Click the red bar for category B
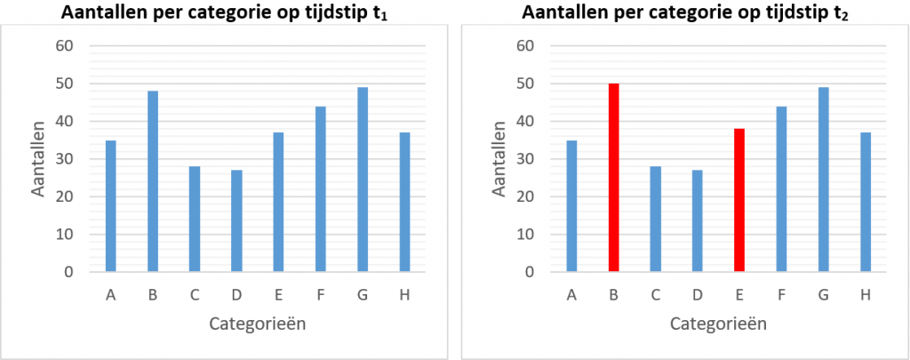pyautogui.click(x=613, y=178)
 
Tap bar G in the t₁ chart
pyautogui.click(x=362, y=180)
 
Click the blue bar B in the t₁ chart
pyautogui.click(x=153, y=181)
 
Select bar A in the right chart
pyautogui.click(x=571, y=206)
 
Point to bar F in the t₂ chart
pyautogui.click(x=781, y=188)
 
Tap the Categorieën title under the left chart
pyautogui.click(x=258, y=324)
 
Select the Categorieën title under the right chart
pyautogui.click(x=718, y=324)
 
